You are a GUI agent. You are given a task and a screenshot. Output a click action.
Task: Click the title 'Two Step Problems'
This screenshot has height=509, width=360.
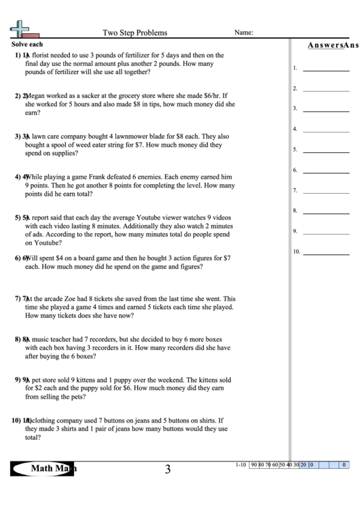(134, 33)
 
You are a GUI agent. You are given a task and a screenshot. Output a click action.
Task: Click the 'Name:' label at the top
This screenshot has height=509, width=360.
(244, 33)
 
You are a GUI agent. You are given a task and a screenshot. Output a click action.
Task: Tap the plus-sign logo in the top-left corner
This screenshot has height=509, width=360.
(20, 29)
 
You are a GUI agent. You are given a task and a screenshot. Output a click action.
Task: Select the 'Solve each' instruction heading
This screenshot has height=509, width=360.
(27, 44)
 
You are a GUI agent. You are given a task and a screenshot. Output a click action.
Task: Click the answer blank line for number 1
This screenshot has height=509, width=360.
(326, 70)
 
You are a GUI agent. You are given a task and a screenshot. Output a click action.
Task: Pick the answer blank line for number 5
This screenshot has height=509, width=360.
(326, 152)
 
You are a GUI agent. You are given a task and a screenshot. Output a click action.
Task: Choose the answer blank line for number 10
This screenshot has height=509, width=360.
(326, 253)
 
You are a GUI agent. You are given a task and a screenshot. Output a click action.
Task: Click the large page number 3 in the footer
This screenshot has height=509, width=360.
(167, 468)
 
